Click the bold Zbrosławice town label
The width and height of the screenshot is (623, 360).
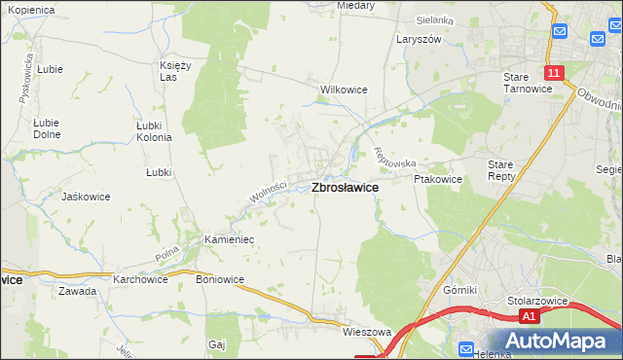pyautogui.click(x=345, y=188)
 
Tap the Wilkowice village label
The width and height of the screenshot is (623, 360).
pyautogui.click(x=344, y=90)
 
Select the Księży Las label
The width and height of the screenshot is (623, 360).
pyautogui.click(x=174, y=71)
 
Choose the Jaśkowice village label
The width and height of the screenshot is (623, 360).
pyautogui.click(x=85, y=197)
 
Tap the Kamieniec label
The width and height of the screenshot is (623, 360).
pyautogui.click(x=229, y=238)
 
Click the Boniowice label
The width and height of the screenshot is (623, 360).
pyautogui.click(x=220, y=279)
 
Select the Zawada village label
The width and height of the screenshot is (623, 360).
pyautogui.click(x=77, y=291)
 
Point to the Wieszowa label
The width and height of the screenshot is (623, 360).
pyautogui.click(x=366, y=332)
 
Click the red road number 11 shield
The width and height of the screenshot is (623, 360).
pyautogui.click(x=553, y=73)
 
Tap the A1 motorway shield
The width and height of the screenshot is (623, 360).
pyautogui.click(x=528, y=317)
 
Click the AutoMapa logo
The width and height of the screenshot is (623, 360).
pyautogui.click(x=555, y=341)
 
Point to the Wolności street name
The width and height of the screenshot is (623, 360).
pyautogui.click(x=267, y=193)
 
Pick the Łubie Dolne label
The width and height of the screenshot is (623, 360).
pyautogui.click(x=47, y=128)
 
